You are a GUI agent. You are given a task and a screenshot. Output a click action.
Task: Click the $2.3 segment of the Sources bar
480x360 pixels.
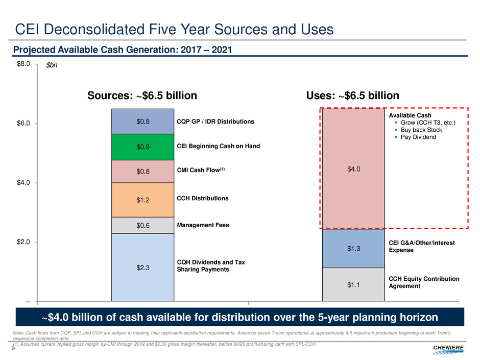[143, 267]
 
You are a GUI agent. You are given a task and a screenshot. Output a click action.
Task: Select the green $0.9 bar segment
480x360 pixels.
[143, 147]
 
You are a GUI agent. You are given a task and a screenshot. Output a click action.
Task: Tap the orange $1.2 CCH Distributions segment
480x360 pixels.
[143, 200]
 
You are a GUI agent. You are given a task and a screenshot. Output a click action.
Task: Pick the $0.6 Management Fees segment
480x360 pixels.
[143, 225]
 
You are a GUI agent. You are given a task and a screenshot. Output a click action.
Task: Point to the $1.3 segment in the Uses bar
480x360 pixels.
[353, 248]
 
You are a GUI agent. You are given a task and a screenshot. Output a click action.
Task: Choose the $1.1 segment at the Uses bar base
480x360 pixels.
[353, 284]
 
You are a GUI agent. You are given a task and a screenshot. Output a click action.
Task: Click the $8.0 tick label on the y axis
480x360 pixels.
[23, 64]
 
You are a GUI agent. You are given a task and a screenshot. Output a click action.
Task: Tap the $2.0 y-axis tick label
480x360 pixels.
[23, 242]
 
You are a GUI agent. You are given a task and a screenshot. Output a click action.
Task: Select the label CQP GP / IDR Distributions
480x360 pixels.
[215, 122]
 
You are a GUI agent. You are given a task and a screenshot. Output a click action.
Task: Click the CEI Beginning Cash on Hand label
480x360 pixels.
[218, 147]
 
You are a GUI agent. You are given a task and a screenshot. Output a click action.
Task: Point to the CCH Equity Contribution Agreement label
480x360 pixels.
[424, 282]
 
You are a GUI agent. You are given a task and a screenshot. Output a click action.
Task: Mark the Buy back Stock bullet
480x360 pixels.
[423, 130]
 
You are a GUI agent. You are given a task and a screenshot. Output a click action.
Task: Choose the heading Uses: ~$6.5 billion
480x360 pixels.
[352, 95]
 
